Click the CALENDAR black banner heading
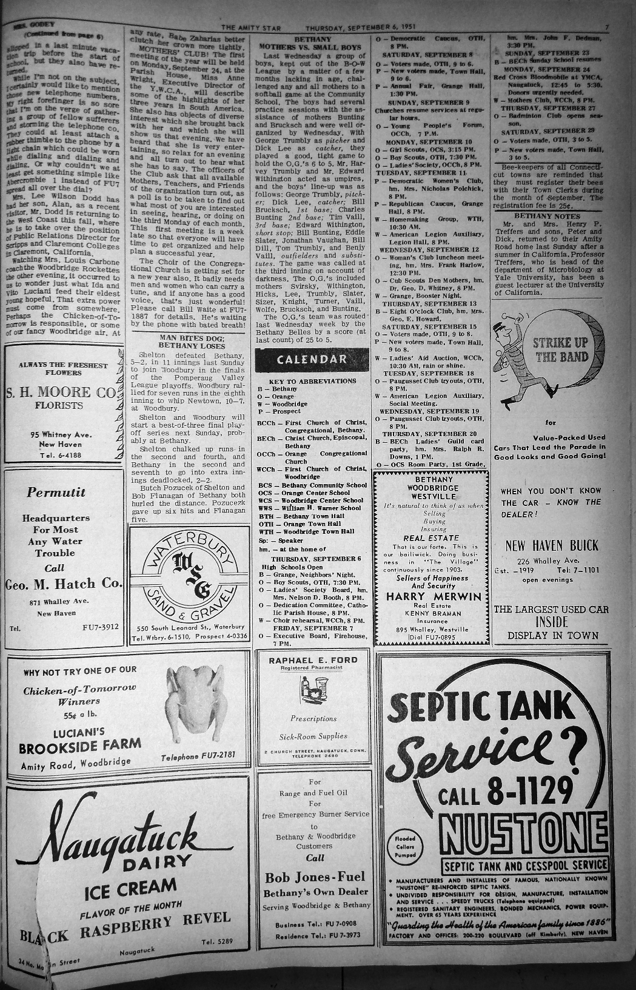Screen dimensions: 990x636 point(312,359)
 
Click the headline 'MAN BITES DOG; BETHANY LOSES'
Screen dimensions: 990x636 point(189,341)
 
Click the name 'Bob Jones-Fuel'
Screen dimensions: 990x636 point(315,877)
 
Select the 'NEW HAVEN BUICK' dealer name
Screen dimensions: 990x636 point(552,545)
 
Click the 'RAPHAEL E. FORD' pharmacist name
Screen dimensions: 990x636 point(313,660)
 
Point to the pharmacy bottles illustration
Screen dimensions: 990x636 point(313,689)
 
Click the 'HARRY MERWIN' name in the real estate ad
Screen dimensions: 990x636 point(433,596)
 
